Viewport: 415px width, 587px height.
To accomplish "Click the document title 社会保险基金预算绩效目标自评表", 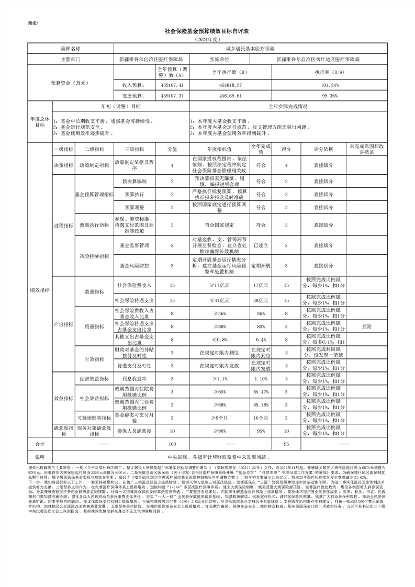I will (x=207, y=31).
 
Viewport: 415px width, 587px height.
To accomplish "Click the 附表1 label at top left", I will (x=33, y=23).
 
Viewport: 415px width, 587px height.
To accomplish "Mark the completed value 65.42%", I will (x=260, y=391).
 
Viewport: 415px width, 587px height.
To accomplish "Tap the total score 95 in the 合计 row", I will (x=286, y=444).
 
